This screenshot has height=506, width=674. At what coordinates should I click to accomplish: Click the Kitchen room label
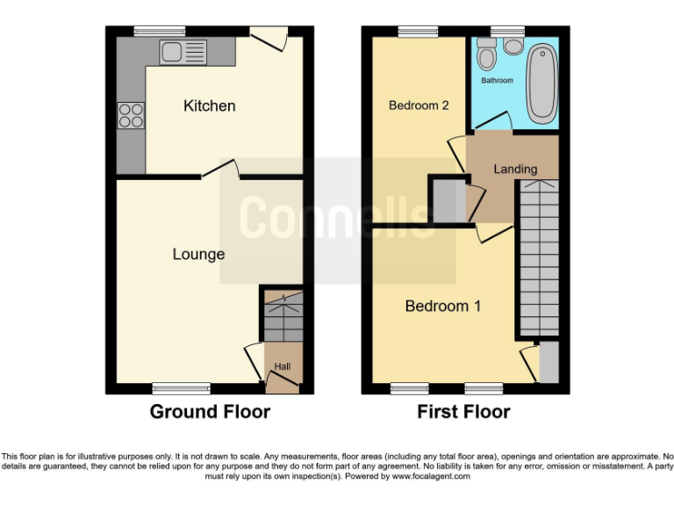click(209, 106)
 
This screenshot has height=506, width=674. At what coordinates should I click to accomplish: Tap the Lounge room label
click(198, 255)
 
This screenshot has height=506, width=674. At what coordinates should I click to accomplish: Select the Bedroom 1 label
click(442, 307)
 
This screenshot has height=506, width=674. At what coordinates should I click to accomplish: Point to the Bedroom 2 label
click(419, 105)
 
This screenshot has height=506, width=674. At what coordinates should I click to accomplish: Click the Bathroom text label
click(497, 81)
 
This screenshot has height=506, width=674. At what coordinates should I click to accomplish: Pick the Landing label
click(515, 169)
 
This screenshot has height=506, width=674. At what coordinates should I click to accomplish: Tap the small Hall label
click(283, 366)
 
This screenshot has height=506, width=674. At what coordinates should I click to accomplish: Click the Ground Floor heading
click(210, 411)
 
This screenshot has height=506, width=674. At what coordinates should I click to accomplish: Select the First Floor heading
click(463, 411)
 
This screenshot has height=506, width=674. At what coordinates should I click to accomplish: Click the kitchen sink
click(183, 52)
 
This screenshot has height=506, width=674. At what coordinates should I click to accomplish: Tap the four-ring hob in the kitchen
click(131, 116)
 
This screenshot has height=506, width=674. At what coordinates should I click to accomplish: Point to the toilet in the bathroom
click(486, 55)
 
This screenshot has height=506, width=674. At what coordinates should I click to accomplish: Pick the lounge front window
click(182, 387)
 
